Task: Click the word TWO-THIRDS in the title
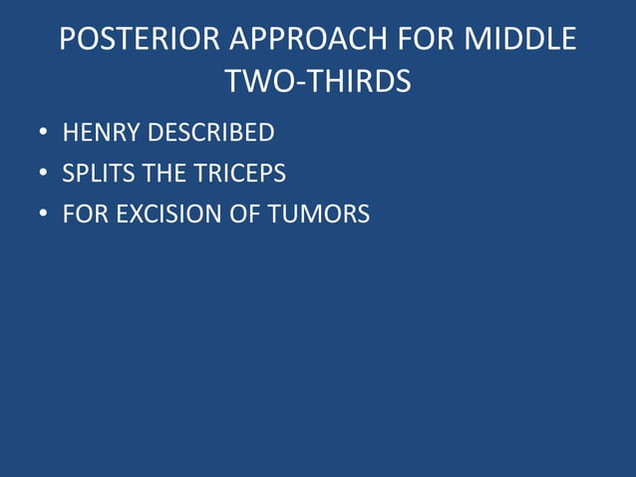(318, 82)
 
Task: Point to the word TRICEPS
(238, 174)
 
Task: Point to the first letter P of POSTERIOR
(68, 40)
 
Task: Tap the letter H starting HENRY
(70, 133)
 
